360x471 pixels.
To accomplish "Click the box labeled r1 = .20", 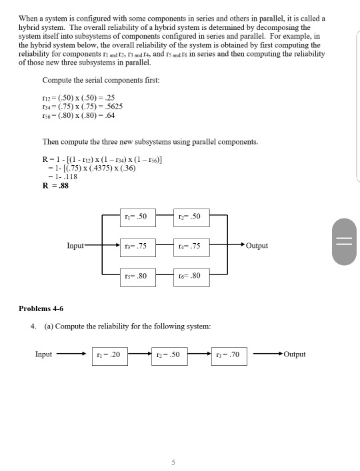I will pos(111,355).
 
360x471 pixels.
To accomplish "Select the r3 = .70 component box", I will pos(229,355).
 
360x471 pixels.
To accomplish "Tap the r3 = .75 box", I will pos(138,246).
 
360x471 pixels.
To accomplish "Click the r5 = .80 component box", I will pos(138,274).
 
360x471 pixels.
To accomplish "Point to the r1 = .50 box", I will pos(138,217).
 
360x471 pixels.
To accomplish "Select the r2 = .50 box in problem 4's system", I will pos(170,355).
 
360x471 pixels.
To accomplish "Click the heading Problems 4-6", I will pos(41,308).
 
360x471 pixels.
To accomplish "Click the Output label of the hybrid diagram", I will pos(257,246).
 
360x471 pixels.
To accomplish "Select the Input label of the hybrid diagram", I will pos(75,246).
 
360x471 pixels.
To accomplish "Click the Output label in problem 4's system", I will pos(294,354).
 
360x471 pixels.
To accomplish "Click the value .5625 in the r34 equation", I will pos(112,106).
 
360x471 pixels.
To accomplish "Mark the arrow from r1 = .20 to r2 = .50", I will pos(141,355).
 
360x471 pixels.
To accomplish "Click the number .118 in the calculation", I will pos(69,177).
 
